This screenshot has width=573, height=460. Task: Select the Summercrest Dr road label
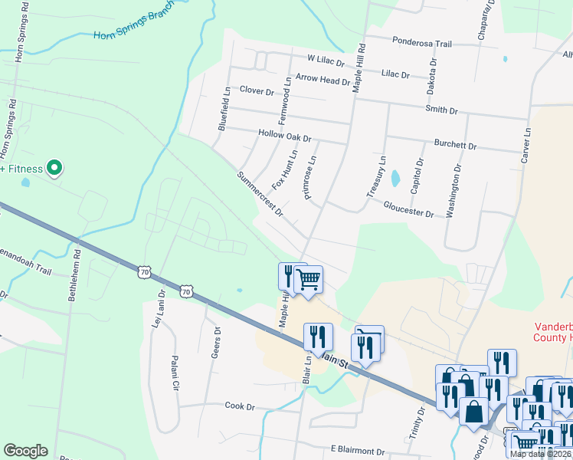pos(260,192)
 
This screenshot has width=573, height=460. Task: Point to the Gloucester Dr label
pos(408,209)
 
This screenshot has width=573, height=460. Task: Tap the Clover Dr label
pos(257,90)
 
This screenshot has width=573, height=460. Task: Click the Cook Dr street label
pos(238,406)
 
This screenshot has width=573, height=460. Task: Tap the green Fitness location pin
pos(54,167)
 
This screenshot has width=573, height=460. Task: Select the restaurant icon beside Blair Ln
pos(318,336)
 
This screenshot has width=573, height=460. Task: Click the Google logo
pos(25,451)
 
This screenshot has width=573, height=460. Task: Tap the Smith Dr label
pos(441,110)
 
